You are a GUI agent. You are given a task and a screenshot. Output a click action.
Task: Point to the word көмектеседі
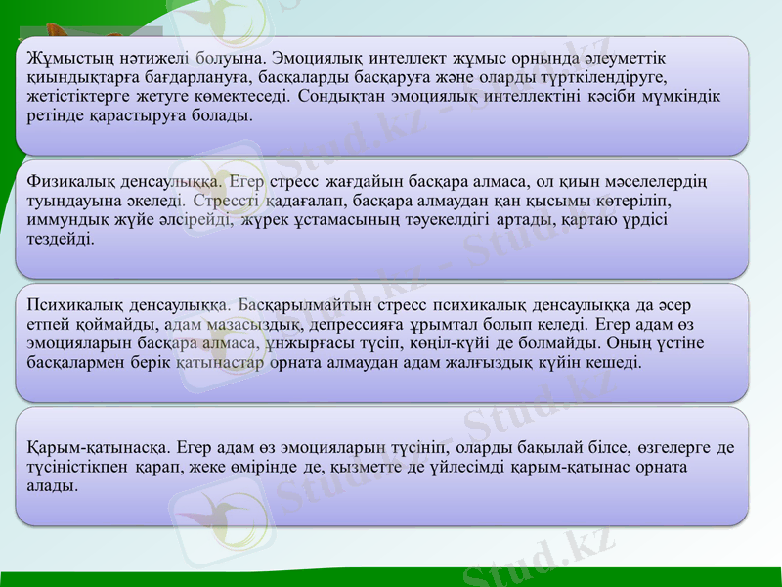243,98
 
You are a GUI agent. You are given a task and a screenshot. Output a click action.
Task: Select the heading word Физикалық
69,181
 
